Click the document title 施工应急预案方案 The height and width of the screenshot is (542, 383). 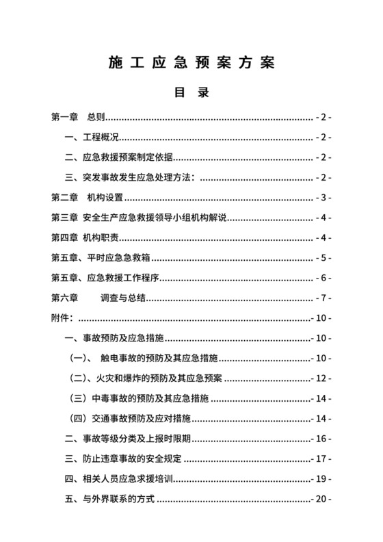point(191,63)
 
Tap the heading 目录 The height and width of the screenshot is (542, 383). point(191,92)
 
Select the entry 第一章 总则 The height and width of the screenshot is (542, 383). point(78,118)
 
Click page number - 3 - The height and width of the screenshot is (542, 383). point(323,198)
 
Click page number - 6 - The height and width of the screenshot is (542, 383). point(323,278)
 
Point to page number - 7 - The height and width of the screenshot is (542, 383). point(323,298)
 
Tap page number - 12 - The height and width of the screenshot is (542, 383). point(321,378)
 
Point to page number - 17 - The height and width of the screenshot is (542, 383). point(321,459)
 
